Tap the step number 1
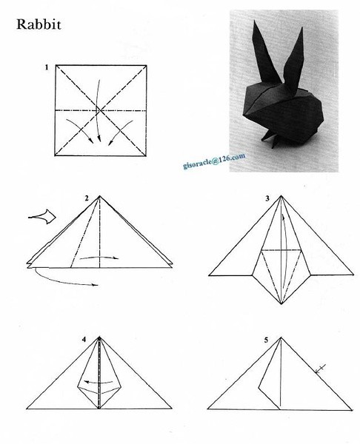tap(46, 67)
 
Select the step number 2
tap(87, 198)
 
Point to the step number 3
tap(267, 198)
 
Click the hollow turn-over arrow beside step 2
tap(42, 217)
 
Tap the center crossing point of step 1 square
tap(99, 110)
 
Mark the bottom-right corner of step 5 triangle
tap(350, 408)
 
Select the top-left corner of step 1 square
tap(55, 67)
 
